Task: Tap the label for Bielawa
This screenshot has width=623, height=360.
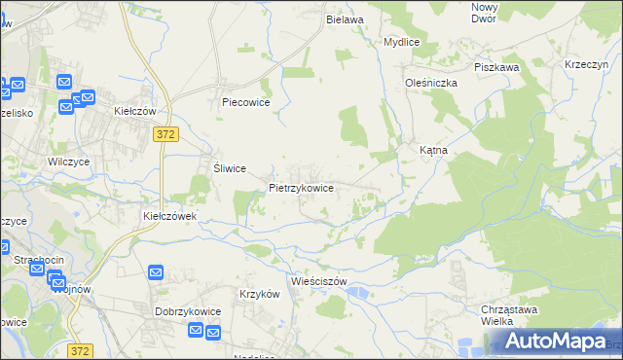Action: (x=345, y=19)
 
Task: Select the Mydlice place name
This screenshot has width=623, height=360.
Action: (x=401, y=43)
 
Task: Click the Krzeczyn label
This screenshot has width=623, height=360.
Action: (x=586, y=64)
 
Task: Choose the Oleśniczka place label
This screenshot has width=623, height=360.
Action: (x=431, y=84)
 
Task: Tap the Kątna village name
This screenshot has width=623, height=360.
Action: (x=432, y=152)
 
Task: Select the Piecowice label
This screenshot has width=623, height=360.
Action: (x=245, y=102)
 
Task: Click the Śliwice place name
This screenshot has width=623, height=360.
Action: (x=229, y=167)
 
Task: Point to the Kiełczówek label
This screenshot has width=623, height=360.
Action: (x=170, y=216)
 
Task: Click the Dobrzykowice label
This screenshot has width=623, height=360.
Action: (x=188, y=311)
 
